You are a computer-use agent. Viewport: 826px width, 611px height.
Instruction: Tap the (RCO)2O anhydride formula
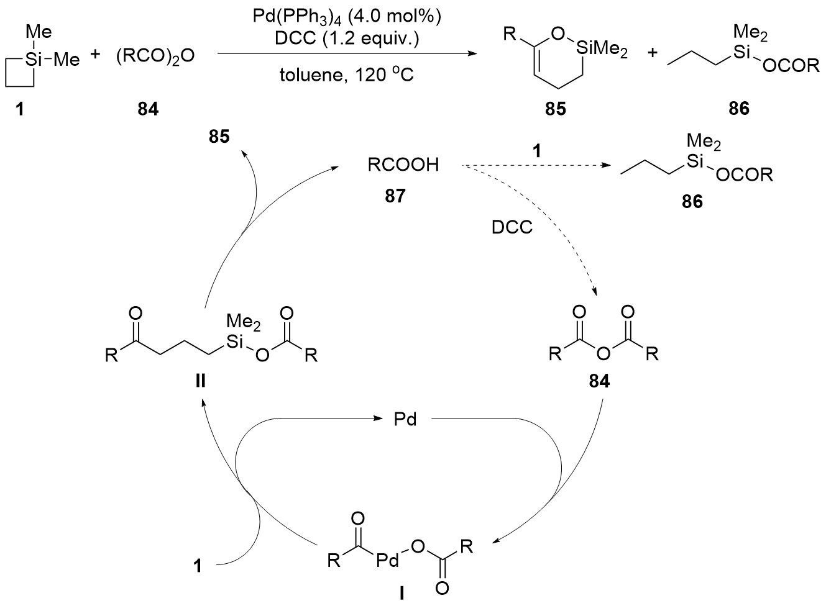(x=155, y=57)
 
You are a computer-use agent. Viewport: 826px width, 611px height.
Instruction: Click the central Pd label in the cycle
(x=405, y=420)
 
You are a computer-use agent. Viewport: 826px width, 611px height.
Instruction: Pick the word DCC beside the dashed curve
(x=512, y=227)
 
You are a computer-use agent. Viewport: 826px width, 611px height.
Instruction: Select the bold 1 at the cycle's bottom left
(x=198, y=566)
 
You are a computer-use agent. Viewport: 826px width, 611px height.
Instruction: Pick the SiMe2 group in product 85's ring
(x=600, y=53)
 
